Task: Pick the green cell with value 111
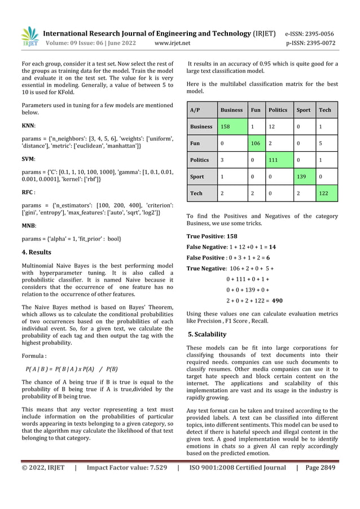tap(278, 160)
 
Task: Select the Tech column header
tap(325, 110)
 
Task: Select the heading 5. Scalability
tap(207, 334)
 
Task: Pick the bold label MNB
tap(28, 224)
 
